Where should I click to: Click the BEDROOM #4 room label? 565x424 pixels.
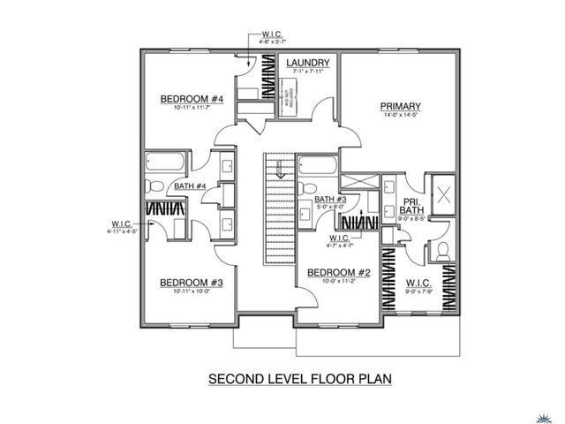pos(191,99)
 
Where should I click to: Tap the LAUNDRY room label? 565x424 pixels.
pos(307,63)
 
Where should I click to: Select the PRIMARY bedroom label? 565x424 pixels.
pos(400,104)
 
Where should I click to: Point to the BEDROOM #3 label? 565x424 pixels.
pos(190,283)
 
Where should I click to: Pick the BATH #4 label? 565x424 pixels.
pos(190,186)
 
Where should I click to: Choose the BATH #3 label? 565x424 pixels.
pos(329,200)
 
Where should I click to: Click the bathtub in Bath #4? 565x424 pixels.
pos(165,163)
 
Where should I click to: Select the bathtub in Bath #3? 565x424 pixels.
pos(316,166)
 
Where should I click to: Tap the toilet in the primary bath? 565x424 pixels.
pos(442,251)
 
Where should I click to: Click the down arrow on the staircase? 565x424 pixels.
pos(279,173)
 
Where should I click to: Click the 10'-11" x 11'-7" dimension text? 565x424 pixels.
pos(190,109)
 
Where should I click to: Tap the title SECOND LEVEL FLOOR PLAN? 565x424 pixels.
pos(299,380)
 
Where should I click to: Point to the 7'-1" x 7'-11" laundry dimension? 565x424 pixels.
pos(307,72)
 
